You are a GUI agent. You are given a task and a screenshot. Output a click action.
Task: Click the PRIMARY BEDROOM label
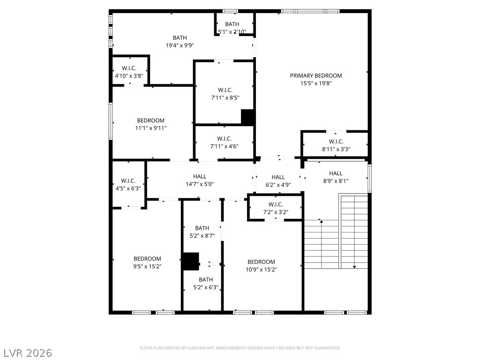tap(315, 75)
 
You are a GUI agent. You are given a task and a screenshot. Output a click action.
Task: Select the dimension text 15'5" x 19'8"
tap(315, 83)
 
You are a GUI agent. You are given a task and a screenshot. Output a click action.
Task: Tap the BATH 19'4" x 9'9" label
tap(180, 42)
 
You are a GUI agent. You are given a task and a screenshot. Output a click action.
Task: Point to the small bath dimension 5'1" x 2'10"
tap(232, 32)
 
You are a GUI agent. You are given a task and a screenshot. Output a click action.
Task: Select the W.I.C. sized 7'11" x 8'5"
tap(225, 94)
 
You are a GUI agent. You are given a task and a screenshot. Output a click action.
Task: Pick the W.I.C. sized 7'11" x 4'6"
tap(224, 142)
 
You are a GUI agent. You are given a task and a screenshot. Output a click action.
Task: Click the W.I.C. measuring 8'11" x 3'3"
tap(336, 145)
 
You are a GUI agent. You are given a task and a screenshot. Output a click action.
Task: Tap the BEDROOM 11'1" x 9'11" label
tap(151, 124)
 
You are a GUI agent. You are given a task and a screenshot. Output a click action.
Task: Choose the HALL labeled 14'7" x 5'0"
tap(199, 180)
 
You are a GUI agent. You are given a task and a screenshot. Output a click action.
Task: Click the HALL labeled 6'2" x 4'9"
tap(278, 181)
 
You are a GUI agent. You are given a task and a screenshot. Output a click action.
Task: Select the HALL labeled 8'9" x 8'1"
tap(335, 177)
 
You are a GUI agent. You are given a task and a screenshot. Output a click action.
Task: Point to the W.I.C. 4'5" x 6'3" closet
tap(128, 184)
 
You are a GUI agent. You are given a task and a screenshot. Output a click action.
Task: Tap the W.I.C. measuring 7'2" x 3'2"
tap(275, 208)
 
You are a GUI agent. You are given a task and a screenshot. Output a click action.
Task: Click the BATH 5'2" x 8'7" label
tap(202, 232)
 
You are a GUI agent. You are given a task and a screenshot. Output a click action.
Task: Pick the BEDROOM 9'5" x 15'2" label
tap(147, 262)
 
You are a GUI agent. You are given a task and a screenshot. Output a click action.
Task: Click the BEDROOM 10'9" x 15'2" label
tap(261, 266)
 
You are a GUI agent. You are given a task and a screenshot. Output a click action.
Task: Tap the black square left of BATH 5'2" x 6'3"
tap(190, 261)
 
